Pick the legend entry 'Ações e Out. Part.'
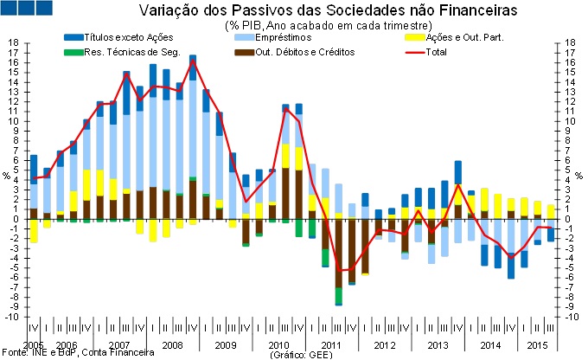pyautogui.click(x=465, y=39)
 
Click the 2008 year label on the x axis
pyautogui.click(x=171, y=345)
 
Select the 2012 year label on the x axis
pyautogui.click(x=385, y=345)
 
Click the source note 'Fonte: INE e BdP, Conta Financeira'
pyautogui.click(x=78, y=353)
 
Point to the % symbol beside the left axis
pyautogui.click(x=6, y=176)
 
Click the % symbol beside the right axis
pyautogui.click(x=580, y=176)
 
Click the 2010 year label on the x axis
pyautogui.click(x=278, y=345)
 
